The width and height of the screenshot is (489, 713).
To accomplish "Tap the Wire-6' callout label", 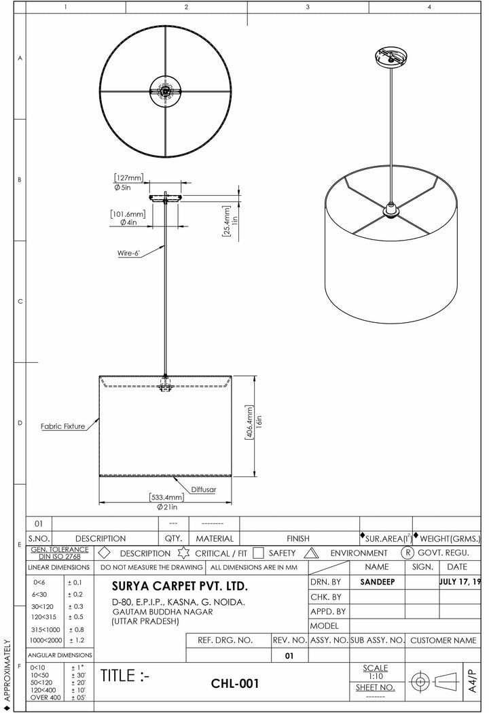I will [128, 253].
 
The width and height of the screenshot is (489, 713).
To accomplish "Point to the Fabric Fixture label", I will [62, 426].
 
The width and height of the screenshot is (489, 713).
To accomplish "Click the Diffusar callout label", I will [203, 489].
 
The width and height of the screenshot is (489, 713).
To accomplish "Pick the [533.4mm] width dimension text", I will [167, 498].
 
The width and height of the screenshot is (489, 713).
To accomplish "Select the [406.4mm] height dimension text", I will [250, 424].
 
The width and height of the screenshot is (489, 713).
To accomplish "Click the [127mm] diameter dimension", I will [128, 178].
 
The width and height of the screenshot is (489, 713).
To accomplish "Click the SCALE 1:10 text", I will [376, 672].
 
